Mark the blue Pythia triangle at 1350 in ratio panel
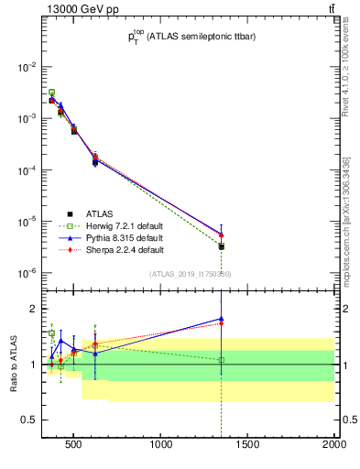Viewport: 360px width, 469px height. pyautogui.click(x=221, y=319)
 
